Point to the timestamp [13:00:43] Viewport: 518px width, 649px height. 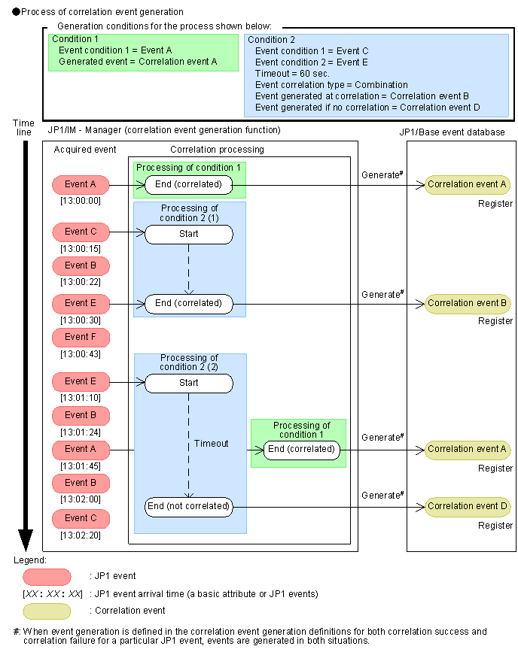(x=80, y=353)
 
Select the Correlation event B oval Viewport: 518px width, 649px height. (x=468, y=304)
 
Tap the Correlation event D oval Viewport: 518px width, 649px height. (x=468, y=506)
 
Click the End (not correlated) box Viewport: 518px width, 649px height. (x=188, y=506)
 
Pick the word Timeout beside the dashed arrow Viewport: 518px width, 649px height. (x=211, y=444)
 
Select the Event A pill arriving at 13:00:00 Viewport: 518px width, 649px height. (x=81, y=184)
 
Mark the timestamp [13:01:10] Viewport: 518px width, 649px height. (x=80, y=397)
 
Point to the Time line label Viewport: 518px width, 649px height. (x=24, y=126)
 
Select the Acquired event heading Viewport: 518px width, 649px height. (x=85, y=150)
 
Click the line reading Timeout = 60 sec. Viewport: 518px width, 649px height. (x=299, y=74)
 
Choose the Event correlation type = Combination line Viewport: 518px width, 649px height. (x=331, y=85)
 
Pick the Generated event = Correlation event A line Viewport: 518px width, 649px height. (x=137, y=61)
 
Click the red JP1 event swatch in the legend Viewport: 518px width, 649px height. (x=47, y=577)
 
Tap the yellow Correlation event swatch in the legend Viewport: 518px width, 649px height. (x=47, y=611)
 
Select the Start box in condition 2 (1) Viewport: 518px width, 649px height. (x=188, y=234)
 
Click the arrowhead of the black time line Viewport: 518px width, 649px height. (x=25, y=540)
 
